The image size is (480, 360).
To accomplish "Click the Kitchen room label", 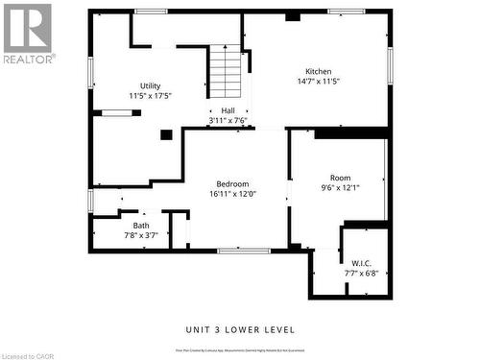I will coord(319,72).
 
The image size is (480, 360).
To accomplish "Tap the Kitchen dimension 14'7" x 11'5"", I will coord(319,82).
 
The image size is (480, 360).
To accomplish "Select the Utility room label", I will coord(151,85).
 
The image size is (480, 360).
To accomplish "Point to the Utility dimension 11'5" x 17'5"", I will coord(151,95).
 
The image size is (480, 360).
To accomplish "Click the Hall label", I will coord(228,110).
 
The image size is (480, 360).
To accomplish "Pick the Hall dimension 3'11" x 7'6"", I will coord(228,120).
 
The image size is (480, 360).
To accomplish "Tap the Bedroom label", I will coord(232,183).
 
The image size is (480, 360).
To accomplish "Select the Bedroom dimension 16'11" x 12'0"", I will coord(232,194).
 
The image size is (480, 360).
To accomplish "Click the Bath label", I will coord(141,226).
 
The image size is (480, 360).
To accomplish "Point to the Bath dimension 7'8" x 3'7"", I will coord(141,235).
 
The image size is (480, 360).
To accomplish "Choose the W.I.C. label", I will coord(361,263).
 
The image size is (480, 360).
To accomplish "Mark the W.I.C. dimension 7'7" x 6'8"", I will coord(361,273).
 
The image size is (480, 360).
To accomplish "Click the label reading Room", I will coord(340,178).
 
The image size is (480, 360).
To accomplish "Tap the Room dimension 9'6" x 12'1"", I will coord(340,188).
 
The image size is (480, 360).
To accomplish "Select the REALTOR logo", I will coord(28,33).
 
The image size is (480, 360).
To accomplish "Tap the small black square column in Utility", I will coord(166,135).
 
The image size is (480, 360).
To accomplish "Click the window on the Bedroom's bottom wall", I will coord(243,251).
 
